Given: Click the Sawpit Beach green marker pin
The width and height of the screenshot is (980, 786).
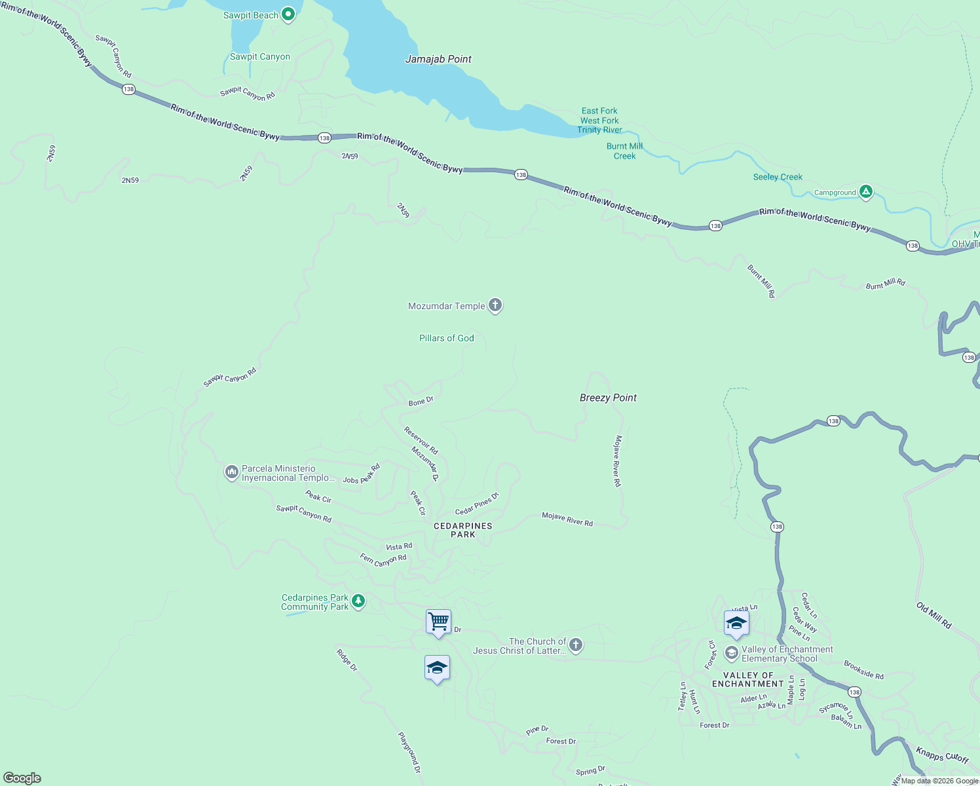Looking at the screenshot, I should [x=288, y=15].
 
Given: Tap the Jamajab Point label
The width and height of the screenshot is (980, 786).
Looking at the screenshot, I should [x=438, y=59].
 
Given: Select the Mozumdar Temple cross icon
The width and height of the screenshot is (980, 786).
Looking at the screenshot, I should [x=495, y=305].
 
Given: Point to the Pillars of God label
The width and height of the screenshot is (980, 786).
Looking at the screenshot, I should [x=446, y=338].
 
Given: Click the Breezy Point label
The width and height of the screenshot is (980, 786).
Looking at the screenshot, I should [x=608, y=398].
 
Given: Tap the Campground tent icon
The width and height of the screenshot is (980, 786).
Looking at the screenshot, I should [x=865, y=192].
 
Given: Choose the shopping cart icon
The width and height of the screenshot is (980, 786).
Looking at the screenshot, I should [x=438, y=621].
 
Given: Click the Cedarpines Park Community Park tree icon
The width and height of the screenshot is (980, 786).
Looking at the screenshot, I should [x=358, y=601].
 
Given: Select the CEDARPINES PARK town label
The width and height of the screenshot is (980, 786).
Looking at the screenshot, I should [x=462, y=530].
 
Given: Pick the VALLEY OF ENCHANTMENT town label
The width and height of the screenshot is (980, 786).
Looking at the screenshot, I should [x=748, y=679].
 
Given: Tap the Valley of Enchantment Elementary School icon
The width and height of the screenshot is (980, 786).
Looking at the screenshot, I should [x=731, y=653].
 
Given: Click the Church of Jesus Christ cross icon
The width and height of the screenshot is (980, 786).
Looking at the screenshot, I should [x=575, y=645].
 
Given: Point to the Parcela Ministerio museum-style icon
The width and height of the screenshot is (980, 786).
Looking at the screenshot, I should [x=231, y=472].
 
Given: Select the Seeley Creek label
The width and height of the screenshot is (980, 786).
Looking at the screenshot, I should [x=778, y=177].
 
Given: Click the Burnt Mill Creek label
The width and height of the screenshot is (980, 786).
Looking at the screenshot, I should [x=624, y=151].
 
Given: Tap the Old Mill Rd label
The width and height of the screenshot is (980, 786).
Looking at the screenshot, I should [x=933, y=616].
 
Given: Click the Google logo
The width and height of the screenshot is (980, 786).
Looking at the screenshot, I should [x=22, y=777].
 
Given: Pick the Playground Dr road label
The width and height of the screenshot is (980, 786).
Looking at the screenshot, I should [x=409, y=752].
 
